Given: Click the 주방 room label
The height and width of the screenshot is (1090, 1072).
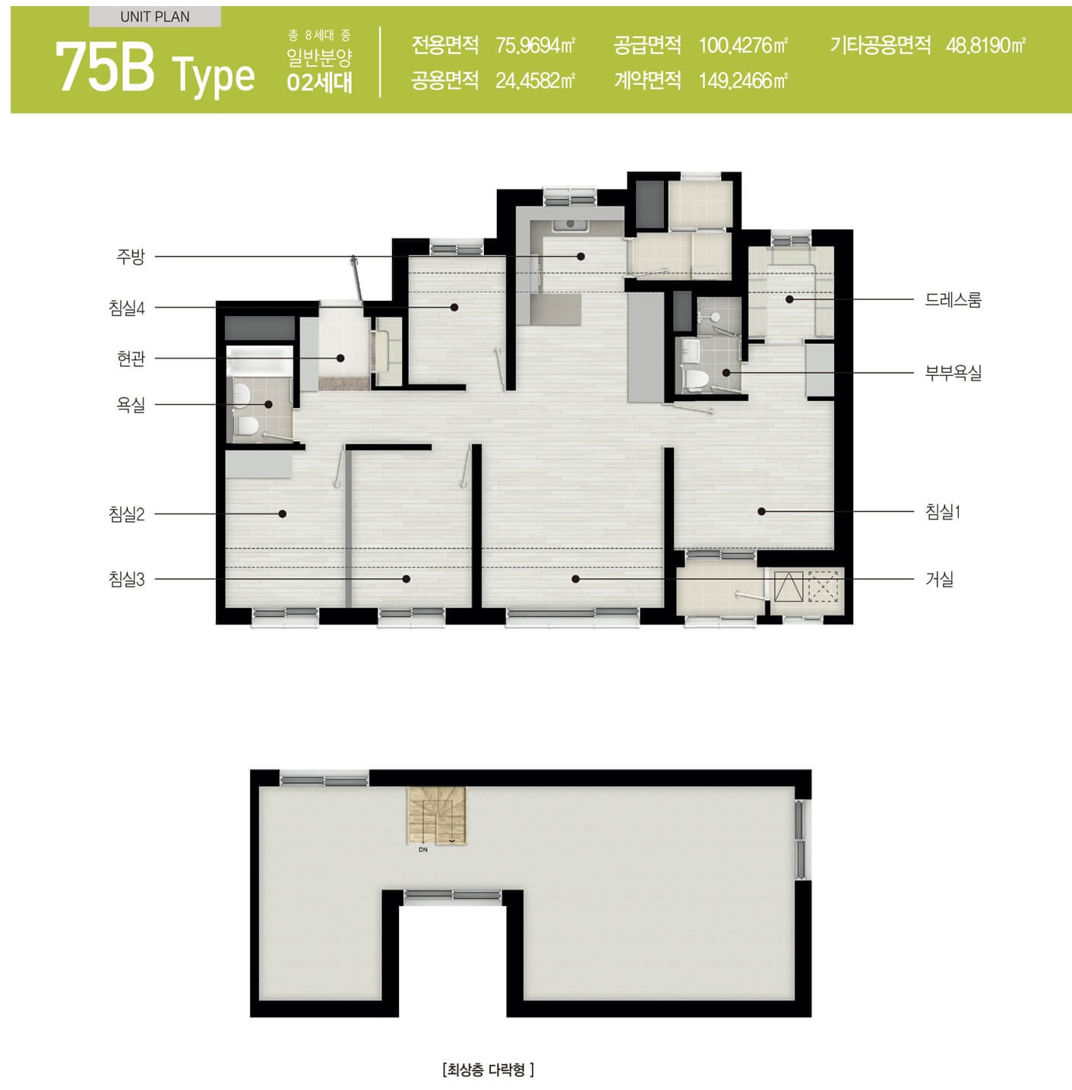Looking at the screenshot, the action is click(x=131, y=257).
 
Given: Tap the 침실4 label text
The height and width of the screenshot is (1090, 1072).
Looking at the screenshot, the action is click(x=127, y=308).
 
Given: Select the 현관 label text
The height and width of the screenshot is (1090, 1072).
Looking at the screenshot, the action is click(x=131, y=359).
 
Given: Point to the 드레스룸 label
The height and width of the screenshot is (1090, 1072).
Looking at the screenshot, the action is click(x=953, y=299).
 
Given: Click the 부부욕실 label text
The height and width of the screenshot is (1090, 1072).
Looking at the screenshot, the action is click(x=953, y=373).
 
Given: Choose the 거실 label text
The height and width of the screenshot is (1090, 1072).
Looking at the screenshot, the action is click(x=940, y=580).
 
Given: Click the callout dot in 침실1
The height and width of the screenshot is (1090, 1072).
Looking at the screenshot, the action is click(x=761, y=511).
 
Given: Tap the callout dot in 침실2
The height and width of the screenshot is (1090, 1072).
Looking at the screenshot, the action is click(x=283, y=513).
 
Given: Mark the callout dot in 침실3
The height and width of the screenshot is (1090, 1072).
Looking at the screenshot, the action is click(x=406, y=579).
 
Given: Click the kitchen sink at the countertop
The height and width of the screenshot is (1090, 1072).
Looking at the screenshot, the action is click(x=571, y=225).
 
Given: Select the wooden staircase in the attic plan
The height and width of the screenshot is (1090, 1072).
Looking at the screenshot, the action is click(x=437, y=815).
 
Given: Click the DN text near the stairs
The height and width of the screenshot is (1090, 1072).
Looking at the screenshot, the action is click(x=423, y=850).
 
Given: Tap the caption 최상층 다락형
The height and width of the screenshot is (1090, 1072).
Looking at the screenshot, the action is click(x=488, y=1069).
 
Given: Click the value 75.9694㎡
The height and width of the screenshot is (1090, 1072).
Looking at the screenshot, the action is click(x=536, y=46).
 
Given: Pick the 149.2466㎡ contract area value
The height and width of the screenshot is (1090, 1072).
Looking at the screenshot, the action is click(x=743, y=81).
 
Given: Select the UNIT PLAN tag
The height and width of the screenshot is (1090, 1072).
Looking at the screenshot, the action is click(x=155, y=17).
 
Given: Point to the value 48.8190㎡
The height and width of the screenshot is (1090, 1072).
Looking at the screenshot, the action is click(x=985, y=46).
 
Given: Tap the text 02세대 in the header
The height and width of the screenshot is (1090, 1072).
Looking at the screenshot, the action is click(x=319, y=83).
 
